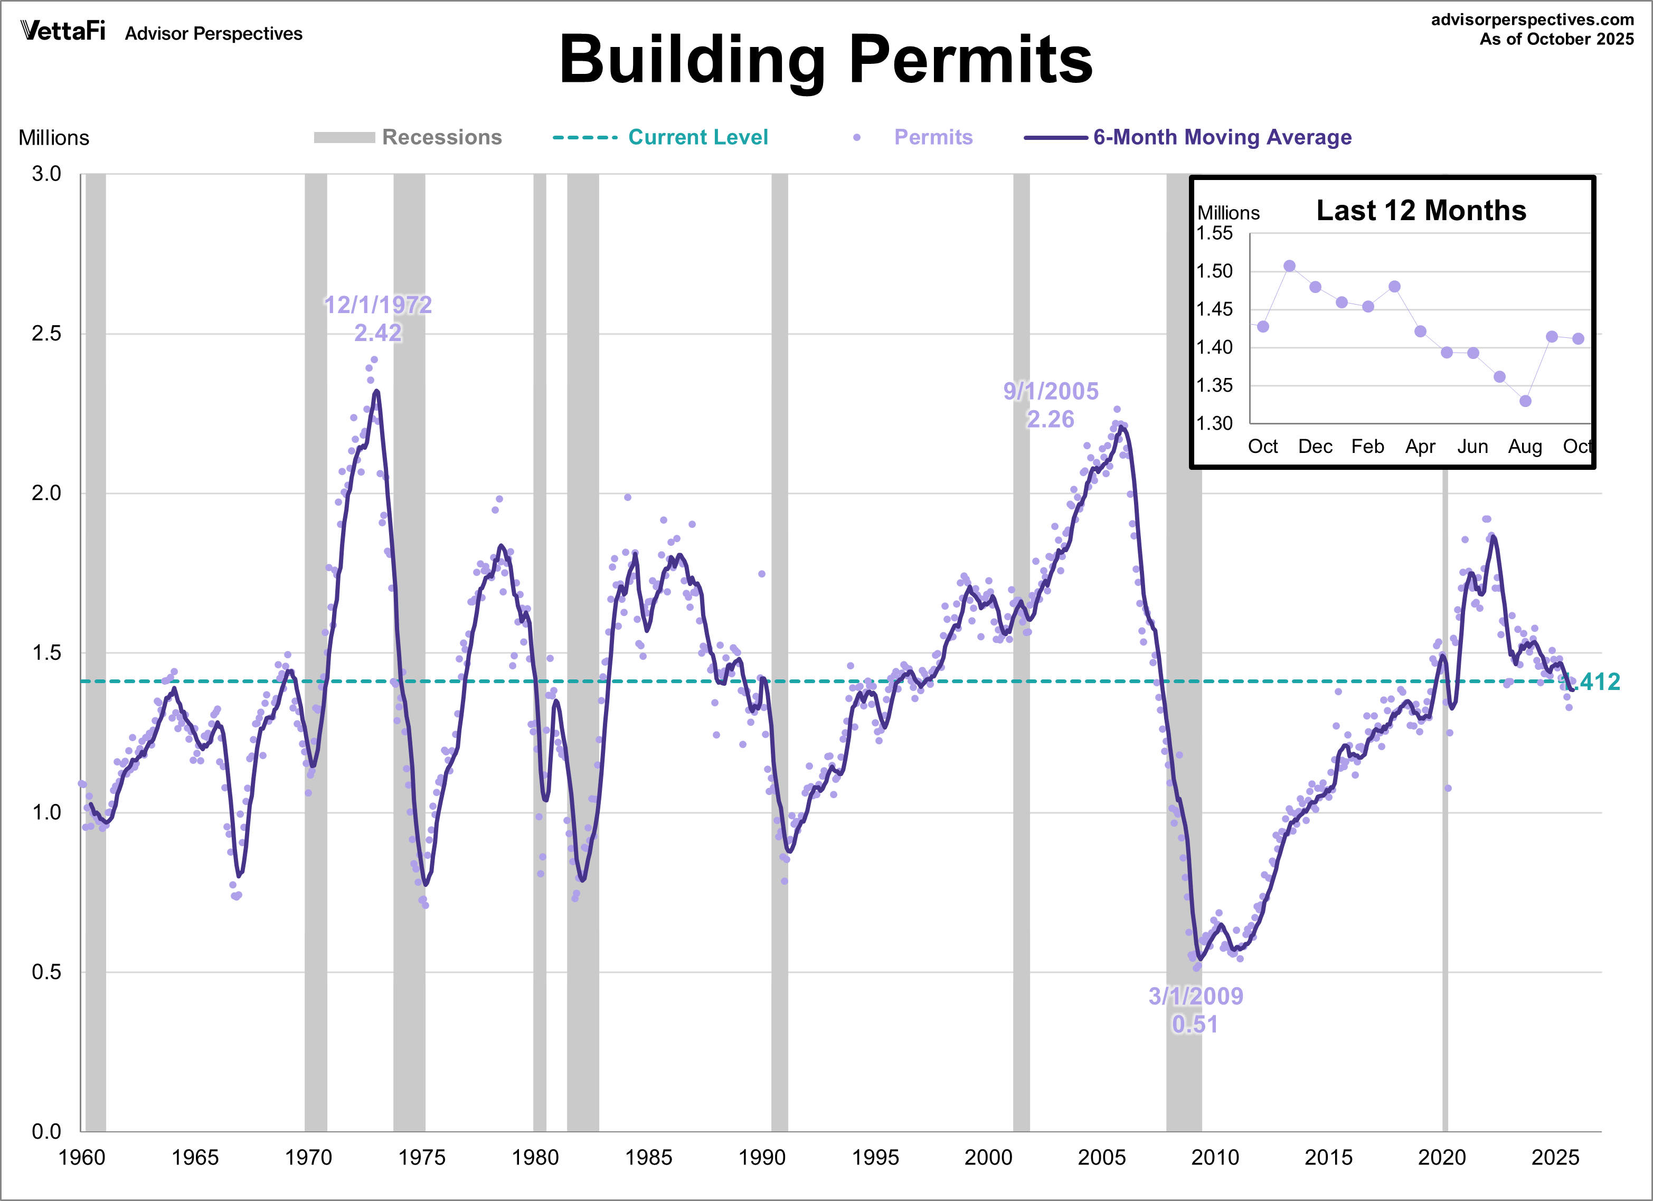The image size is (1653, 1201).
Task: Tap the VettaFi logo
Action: click(x=63, y=31)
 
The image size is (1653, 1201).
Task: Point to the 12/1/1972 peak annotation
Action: click(x=377, y=318)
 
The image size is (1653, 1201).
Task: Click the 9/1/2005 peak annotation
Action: click(x=1050, y=405)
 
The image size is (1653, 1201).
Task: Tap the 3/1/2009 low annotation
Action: click(x=1195, y=1010)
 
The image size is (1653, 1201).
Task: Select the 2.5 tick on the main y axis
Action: click(x=46, y=334)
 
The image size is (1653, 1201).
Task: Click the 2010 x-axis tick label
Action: click(x=1215, y=1157)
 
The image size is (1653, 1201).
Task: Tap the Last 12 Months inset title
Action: click(x=1421, y=211)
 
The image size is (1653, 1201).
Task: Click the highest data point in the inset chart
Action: click(x=1289, y=266)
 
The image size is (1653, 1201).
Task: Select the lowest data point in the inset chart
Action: click(x=1525, y=401)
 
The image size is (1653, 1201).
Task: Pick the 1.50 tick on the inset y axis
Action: click(x=1214, y=271)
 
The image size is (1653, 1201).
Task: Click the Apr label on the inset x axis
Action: click(x=1420, y=446)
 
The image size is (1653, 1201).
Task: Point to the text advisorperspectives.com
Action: click(x=1532, y=20)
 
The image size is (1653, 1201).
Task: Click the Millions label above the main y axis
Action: click(x=54, y=138)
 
